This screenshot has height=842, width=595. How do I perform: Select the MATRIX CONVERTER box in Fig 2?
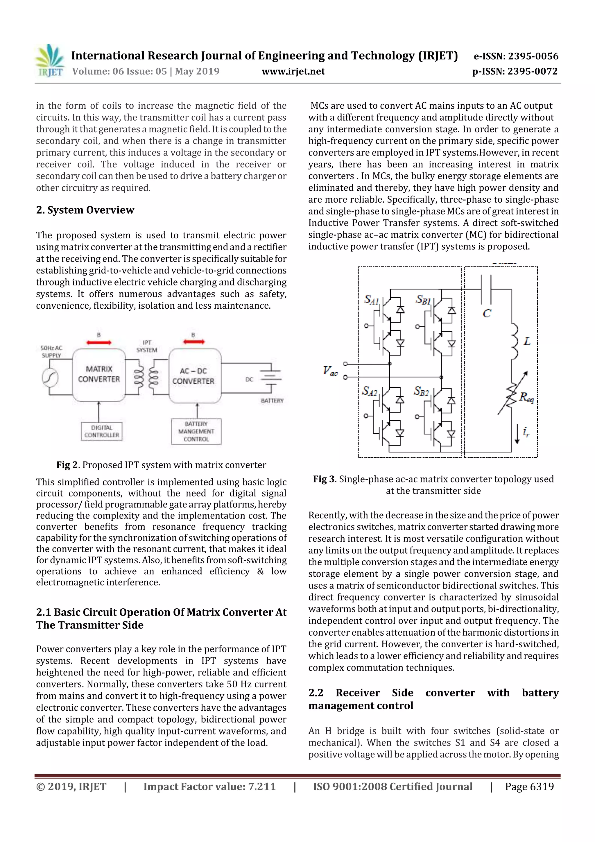click(x=98, y=374)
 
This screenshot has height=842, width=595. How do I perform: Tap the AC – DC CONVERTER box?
click(x=194, y=376)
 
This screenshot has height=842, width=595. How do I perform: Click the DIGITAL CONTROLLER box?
click(x=102, y=431)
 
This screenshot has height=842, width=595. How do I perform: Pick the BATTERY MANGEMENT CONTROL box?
click(x=196, y=431)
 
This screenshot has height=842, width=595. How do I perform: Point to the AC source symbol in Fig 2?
click(x=50, y=378)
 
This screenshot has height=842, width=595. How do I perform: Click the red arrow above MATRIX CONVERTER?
click(x=98, y=342)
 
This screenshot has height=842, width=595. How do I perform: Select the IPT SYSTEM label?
click(x=147, y=346)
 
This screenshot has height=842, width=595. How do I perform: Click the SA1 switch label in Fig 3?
click(x=371, y=300)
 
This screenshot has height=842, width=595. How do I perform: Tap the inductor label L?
click(x=526, y=342)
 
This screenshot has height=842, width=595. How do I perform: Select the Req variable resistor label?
click(x=526, y=397)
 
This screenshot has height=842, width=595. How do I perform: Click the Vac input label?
click(x=330, y=371)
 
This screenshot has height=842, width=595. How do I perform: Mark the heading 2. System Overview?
click(x=85, y=210)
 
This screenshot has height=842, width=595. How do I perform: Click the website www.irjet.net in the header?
click(x=293, y=71)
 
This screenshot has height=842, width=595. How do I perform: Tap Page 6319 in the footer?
click(x=529, y=786)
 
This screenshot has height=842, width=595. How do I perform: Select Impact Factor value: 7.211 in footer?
click(x=209, y=786)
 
